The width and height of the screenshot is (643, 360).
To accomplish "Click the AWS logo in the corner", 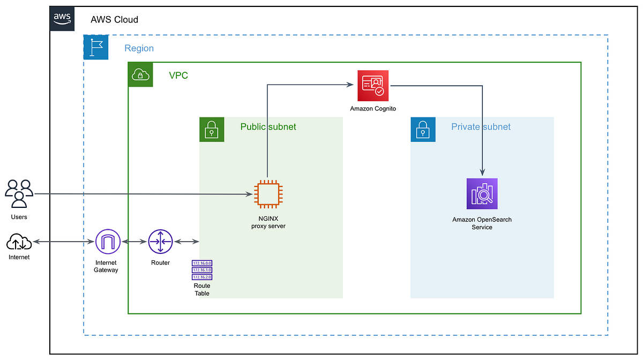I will (62, 19).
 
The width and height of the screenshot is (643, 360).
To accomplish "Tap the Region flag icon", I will (96, 47).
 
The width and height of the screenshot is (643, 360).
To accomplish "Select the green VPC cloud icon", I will (140, 74).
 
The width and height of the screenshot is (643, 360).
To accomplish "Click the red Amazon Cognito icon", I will (373, 85).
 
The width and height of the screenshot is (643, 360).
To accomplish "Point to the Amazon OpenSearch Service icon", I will (482, 193).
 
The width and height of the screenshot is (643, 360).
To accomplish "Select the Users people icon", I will (19, 193).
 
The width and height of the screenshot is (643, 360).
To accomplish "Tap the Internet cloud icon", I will (19, 243).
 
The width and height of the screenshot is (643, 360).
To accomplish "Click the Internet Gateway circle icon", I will (108, 242).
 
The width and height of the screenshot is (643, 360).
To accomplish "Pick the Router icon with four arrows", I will (160, 242).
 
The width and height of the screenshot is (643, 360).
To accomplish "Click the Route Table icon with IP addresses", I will (202, 270).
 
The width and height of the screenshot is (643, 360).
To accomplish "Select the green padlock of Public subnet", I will (212, 130).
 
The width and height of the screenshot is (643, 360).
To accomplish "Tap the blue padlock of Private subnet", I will (423, 130).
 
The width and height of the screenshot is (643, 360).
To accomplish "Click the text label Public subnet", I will (268, 127).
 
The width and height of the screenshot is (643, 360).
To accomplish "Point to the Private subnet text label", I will (481, 127).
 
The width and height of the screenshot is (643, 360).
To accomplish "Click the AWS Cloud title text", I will (114, 20).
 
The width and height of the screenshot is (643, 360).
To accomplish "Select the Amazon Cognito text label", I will (373, 109).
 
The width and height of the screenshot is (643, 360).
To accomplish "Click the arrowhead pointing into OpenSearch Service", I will (483, 172).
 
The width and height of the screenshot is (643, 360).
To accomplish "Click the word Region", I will (139, 48).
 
